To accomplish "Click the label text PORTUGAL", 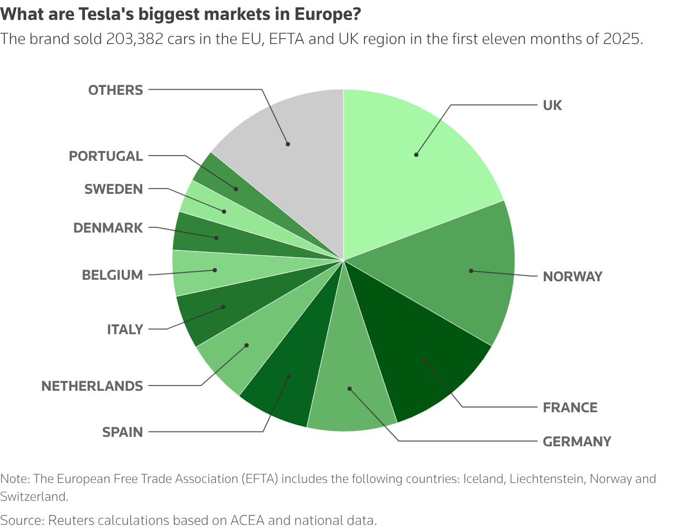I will [106, 156].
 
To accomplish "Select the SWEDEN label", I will [114, 189].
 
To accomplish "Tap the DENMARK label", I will [108, 228].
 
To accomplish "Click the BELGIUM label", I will [112, 275].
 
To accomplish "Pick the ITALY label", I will [125, 329].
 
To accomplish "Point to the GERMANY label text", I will [577, 442].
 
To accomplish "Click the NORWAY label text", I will [573, 277].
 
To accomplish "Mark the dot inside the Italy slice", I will [223, 307].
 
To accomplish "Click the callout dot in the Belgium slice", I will [215, 270].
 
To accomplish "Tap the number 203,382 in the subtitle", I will [135, 39].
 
